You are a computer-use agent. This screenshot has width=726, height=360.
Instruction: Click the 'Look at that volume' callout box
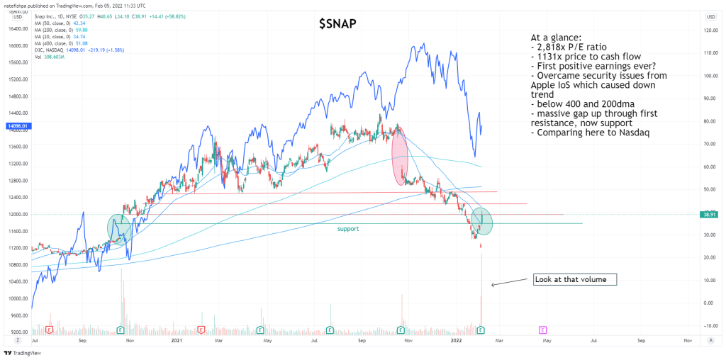coord(575,279)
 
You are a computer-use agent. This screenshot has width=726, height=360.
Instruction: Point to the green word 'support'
coord(347,229)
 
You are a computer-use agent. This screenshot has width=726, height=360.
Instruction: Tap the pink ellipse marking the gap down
coord(399,157)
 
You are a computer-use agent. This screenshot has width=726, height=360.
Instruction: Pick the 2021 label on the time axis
coord(179,341)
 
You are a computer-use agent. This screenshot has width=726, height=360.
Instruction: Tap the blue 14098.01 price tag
coord(16,127)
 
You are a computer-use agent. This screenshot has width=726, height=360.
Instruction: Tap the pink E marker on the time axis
coord(542,330)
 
